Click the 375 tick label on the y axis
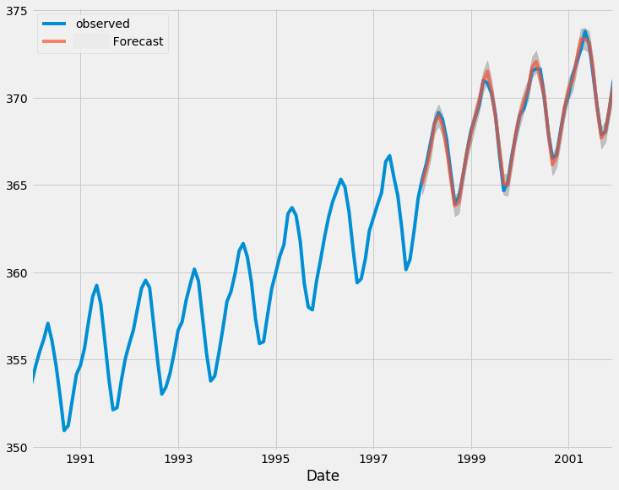pyautogui.click(x=14, y=11)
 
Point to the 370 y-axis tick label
pyautogui.click(x=14, y=98)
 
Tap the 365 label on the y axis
pyautogui.click(x=14, y=186)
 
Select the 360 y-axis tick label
pyautogui.click(x=14, y=272)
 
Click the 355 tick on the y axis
pyautogui.click(x=14, y=360)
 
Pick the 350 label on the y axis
pyautogui.click(x=14, y=447)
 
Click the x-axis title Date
pyautogui.click(x=323, y=477)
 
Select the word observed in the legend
pyautogui.click(x=102, y=24)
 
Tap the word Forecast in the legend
pyautogui.click(x=138, y=41)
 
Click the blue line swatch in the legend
pyautogui.click(x=56, y=24)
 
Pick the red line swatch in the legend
pyautogui.click(x=56, y=41)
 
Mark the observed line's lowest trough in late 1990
pyautogui.click(x=64, y=430)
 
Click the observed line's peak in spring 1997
pyautogui.click(x=389, y=156)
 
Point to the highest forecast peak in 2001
pyautogui.click(x=584, y=36)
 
